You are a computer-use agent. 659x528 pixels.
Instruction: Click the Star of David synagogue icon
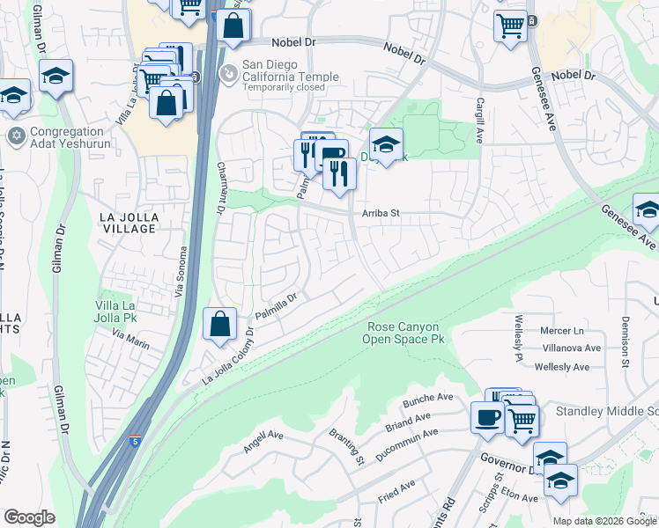[x=15, y=136]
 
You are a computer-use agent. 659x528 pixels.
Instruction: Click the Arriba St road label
[x=381, y=213]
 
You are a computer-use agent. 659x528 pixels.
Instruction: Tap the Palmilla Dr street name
[x=278, y=307]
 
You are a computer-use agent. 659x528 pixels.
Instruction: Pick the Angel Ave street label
[x=263, y=436]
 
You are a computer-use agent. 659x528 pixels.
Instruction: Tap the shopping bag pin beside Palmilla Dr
[x=219, y=324]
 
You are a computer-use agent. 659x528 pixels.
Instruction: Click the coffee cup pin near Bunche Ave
[x=486, y=417]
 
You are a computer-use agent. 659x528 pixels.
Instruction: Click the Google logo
[x=29, y=517]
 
